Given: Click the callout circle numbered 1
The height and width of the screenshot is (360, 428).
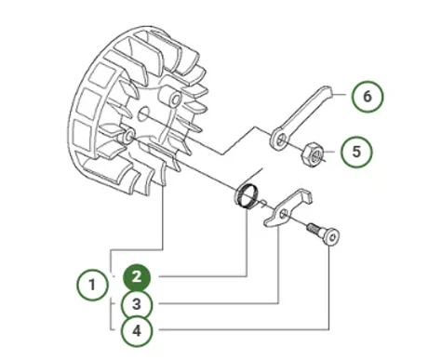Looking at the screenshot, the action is tap(92, 285).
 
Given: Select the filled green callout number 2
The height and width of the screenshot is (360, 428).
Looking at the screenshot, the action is tap(137, 277).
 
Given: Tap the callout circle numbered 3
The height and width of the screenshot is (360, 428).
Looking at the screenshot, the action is tap(137, 304).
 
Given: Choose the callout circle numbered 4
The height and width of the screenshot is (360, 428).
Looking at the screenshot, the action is tap(137, 331).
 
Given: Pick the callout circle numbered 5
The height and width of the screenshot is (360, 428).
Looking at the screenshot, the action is tap(356, 152).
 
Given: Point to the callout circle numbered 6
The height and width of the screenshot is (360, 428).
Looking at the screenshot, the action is tap(368, 97).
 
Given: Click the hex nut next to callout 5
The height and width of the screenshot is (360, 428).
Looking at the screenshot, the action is tap(313, 153).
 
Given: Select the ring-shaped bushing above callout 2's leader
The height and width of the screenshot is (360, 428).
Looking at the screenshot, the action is tap(245, 195).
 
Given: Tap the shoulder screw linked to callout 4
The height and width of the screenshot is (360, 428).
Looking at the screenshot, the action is tap(323, 234).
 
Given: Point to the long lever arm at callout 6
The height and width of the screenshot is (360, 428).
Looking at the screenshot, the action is tap(300, 119).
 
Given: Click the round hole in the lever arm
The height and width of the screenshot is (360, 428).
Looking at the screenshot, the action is tap(281, 140).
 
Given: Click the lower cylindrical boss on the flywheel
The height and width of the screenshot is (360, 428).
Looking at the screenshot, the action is tap(126, 136).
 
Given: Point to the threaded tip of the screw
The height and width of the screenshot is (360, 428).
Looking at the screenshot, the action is tap(312, 229).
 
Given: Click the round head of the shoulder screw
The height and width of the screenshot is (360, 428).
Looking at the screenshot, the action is tap(332, 237).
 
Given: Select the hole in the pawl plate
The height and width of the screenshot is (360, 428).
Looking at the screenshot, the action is tap(284, 214).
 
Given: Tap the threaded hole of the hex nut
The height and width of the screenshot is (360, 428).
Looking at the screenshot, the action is tap(314, 153).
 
